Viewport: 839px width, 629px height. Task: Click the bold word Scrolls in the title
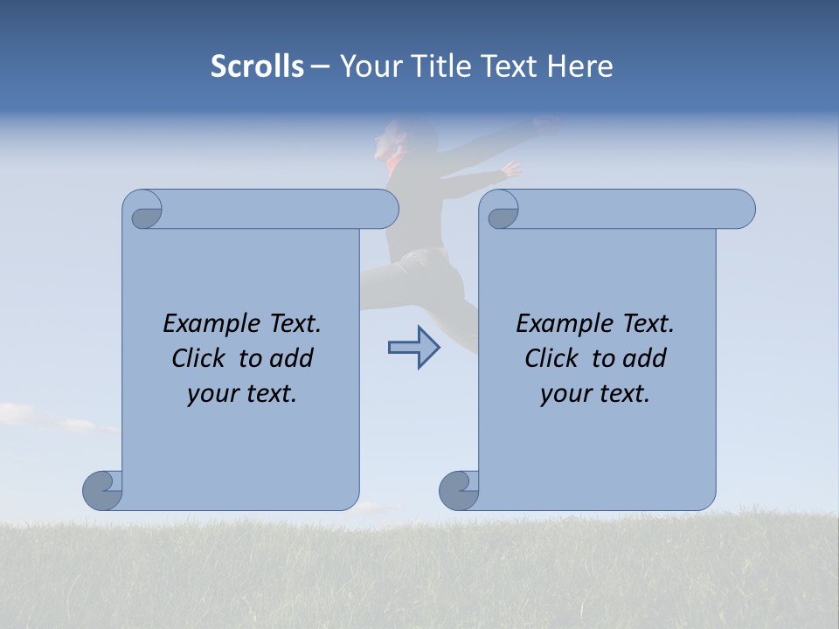pos(257,66)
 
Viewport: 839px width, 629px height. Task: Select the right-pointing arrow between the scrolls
pos(413,348)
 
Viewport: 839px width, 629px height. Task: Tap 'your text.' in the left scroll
pos(242,393)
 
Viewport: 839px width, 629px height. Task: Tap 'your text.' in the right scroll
pos(595,393)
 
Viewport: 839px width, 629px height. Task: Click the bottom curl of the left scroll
pos(101,490)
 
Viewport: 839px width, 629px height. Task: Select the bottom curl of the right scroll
pos(458,490)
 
